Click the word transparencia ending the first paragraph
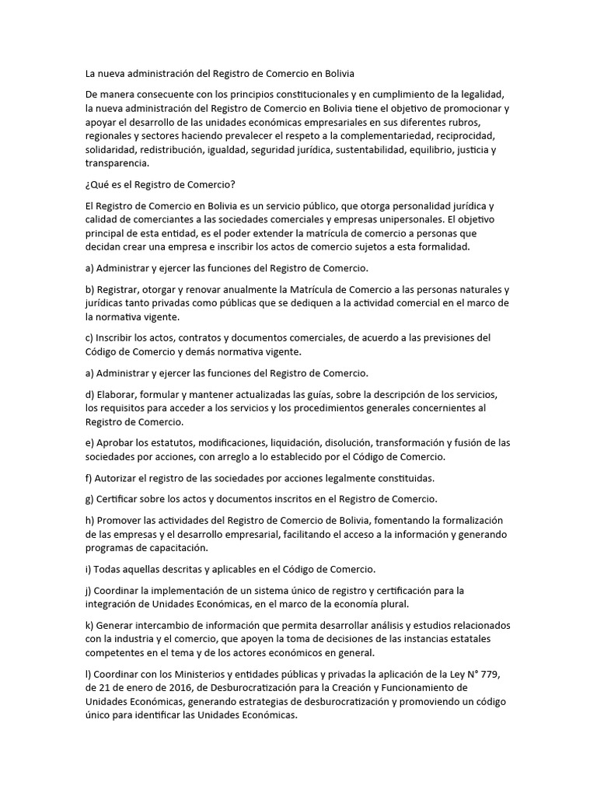(117, 164)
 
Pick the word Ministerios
(206, 673)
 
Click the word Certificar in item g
(119, 497)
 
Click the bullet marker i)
(89, 569)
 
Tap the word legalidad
(482, 94)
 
